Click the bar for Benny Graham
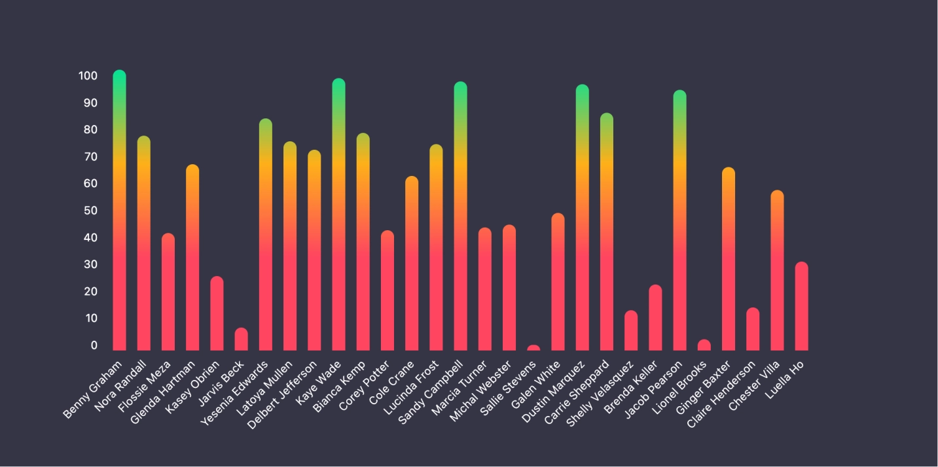point(119,210)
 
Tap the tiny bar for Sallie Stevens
point(533,348)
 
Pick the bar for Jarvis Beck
point(241,339)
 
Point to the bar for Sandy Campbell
point(460,216)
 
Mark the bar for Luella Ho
point(801,306)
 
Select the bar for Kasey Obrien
point(217,313)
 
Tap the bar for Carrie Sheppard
point(607,232)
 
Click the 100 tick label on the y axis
point(88,76)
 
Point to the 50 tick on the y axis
point(90,211)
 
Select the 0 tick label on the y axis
point(94,345)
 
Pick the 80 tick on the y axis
point(90,130)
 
